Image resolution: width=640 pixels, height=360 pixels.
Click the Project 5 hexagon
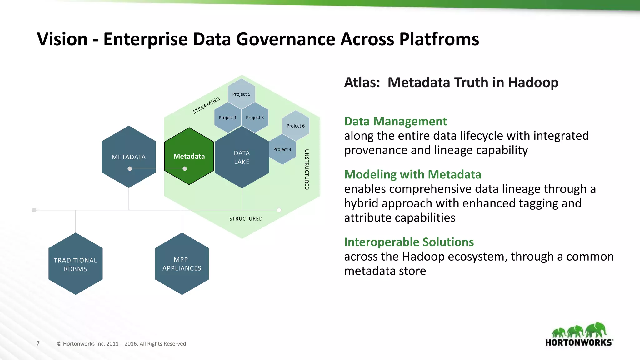(241, 94)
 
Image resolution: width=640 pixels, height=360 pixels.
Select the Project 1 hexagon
(228, 117)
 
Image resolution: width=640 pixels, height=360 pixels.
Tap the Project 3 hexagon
(255, 117)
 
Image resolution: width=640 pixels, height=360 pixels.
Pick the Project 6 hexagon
(296, 126)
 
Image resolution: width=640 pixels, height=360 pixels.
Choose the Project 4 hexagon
(282, 149)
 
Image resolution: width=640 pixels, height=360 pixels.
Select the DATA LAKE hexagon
(242, 157)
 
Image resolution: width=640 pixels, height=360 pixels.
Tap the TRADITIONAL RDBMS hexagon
(76, 264)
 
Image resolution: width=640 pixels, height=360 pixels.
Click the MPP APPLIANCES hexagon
(182, 264)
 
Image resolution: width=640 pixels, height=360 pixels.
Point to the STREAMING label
(206, 105)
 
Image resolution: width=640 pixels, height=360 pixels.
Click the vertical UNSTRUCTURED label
(307, 169)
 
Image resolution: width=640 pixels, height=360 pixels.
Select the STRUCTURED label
(246, 219)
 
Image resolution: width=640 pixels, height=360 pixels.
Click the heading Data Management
(395, 121)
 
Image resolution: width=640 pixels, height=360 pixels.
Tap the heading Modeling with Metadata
(412, 174)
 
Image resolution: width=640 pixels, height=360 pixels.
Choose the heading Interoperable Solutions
(409, 242)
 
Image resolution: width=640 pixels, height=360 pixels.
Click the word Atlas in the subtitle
(361, 82)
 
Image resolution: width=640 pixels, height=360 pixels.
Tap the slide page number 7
(38, 343)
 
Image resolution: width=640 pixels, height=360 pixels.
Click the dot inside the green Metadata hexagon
(185, 169)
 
